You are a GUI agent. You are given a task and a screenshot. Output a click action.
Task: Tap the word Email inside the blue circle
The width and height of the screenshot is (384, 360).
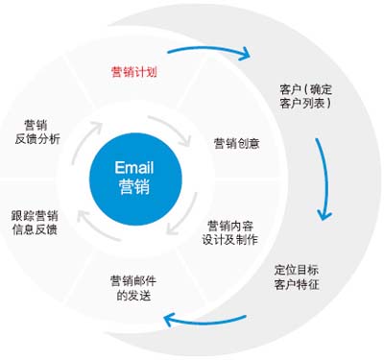click(x=133, y=166)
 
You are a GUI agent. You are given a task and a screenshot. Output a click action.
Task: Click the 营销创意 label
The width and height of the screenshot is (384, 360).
click(x=236, y=143)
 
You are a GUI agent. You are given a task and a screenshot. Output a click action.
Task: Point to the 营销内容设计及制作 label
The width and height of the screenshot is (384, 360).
click(x=230, y=233)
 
